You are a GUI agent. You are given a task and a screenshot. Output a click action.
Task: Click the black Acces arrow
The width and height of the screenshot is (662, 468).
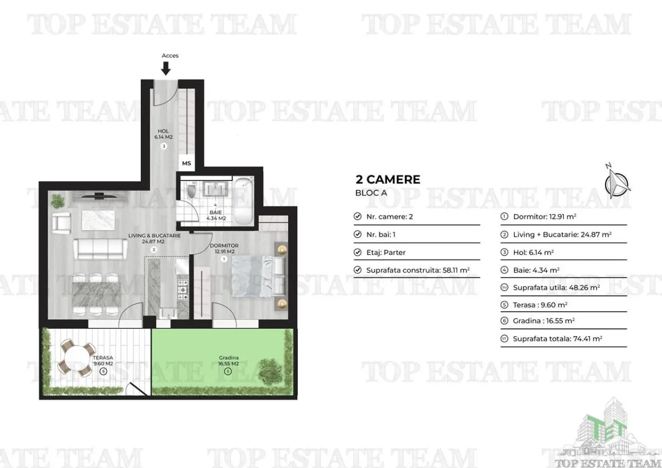(x=166, y=68)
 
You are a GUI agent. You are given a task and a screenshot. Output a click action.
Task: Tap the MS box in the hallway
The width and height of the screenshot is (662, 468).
(x=186, y=163)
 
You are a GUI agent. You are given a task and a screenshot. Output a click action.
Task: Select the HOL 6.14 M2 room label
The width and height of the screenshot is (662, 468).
(x=163, y=134)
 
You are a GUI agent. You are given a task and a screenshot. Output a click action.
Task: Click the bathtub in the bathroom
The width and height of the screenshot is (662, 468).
(x=243, y=200)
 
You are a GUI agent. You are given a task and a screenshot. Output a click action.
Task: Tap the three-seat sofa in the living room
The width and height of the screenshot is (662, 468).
(x=100, y=249)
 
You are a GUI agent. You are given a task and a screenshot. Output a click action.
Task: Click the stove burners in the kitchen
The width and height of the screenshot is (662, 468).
(x=183, y=289)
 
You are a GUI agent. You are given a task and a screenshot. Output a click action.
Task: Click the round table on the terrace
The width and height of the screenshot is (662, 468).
(x=77, y=358)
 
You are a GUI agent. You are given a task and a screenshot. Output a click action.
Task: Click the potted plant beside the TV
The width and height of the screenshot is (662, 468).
(x=57, y=201)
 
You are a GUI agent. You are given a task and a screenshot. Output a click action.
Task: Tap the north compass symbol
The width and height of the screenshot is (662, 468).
(x=617, y=181)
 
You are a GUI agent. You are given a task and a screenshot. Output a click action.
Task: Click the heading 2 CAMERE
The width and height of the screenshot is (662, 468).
(x=388, y=179)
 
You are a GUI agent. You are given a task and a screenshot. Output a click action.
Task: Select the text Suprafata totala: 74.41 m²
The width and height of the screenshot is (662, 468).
(x=557, y=338)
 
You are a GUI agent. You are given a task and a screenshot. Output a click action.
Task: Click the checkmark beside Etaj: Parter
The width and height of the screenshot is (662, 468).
(x=357, y=252)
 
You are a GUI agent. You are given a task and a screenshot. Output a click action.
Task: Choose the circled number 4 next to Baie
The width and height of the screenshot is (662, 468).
(x=504, y=270)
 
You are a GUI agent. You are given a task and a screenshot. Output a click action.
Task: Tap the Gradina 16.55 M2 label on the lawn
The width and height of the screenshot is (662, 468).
(x=228, y=361)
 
